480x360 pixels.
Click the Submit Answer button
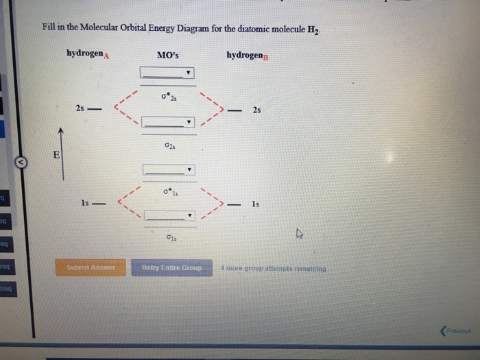[95, 267]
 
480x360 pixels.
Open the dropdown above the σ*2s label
[168, 73]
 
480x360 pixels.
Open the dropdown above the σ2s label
[168, 123]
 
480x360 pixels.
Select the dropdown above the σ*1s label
[168, 169]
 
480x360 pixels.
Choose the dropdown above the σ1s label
[168, 215]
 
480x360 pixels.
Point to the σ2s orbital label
[169, 145]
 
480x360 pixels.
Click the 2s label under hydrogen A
[80, 109]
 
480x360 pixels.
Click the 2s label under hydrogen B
[256, 110]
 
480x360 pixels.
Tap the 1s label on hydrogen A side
[84, 204]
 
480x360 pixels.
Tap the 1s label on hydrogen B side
[256, 204]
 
